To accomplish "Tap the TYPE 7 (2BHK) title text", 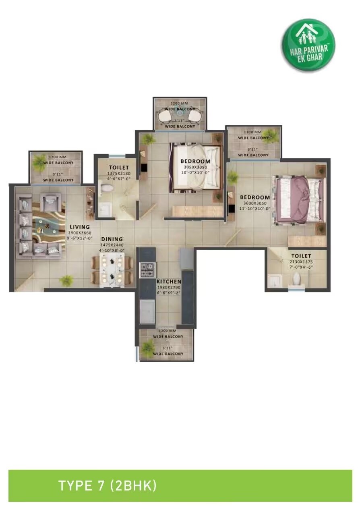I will coord(107,485).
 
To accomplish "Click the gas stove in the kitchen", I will coord(147,270).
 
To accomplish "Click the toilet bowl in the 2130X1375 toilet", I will coord(297,278).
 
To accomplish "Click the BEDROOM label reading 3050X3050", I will coord(196,162).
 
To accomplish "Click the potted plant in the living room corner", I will coord(66,280).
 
